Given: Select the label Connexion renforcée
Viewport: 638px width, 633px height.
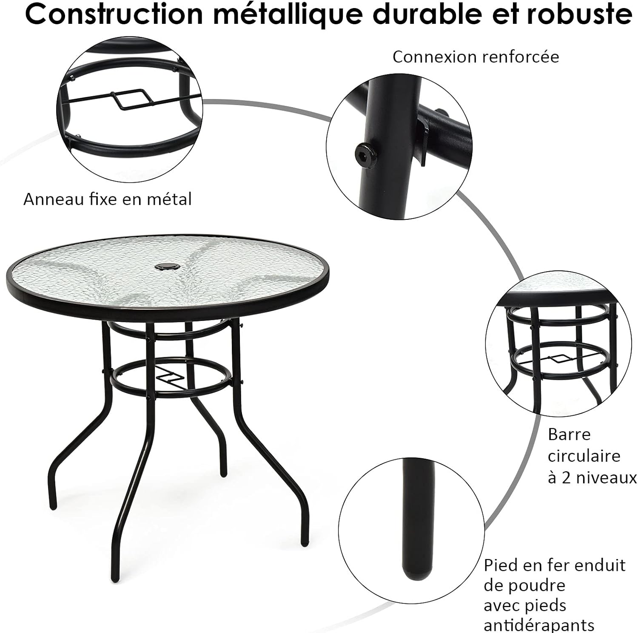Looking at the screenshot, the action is pos(476,57).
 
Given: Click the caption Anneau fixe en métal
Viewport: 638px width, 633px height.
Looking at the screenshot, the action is pos(108,199).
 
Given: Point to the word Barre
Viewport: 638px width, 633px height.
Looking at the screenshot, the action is pos(570,434).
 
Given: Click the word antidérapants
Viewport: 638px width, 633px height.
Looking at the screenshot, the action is pos(539,625).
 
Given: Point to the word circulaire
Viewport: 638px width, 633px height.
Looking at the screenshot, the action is pos(584,456).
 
